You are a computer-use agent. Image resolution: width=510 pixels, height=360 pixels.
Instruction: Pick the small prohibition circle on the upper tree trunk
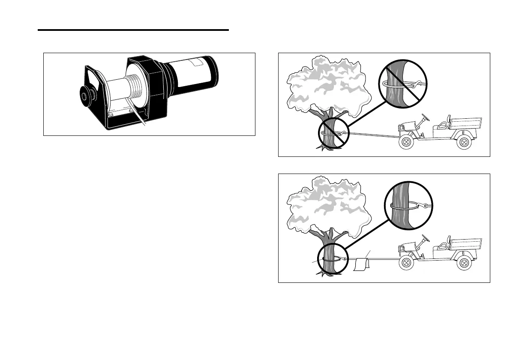tap(333, 134)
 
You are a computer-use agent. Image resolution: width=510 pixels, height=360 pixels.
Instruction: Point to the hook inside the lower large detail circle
tap(425, 206)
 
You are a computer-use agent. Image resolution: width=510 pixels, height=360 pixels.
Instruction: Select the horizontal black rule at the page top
tap(133, 30)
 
